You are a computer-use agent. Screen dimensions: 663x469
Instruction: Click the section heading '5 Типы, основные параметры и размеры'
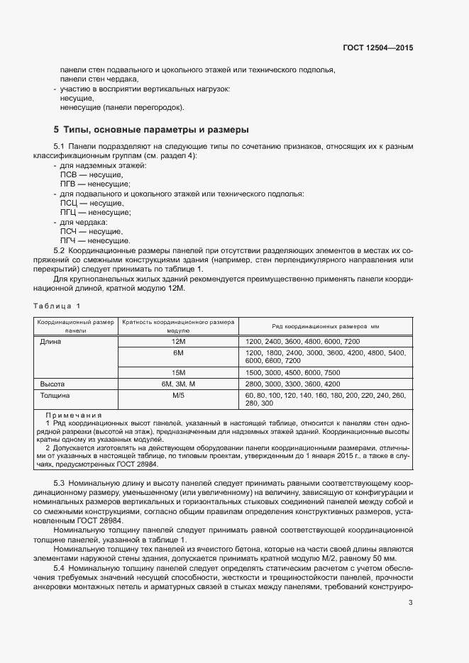tap(150, 130)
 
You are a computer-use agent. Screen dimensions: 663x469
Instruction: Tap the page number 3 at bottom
tap(411, 603)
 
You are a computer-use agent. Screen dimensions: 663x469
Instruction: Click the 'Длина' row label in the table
tap(51, 341)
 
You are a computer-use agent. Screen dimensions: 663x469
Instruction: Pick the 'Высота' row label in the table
tap(54, 383)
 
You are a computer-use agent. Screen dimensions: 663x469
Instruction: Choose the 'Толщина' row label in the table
tap(57, 394)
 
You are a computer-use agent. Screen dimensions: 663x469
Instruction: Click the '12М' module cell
tap(178, 341)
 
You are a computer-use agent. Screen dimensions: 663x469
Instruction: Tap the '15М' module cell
tap(178, 372)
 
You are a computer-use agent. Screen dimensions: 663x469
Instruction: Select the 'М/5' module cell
tap(178, 394)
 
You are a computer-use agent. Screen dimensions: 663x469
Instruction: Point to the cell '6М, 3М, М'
tap(178, 383)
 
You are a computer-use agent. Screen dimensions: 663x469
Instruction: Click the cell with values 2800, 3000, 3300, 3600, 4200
tap(291, 383)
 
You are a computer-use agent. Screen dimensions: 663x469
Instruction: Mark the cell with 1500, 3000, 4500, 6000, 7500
tap(292, 372)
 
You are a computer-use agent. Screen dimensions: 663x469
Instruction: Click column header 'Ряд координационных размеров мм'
tap(326, 326)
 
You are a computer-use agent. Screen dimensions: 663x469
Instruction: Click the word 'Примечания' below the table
tap(73, 416)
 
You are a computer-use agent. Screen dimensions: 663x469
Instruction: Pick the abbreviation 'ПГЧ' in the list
tap(69, 241)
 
